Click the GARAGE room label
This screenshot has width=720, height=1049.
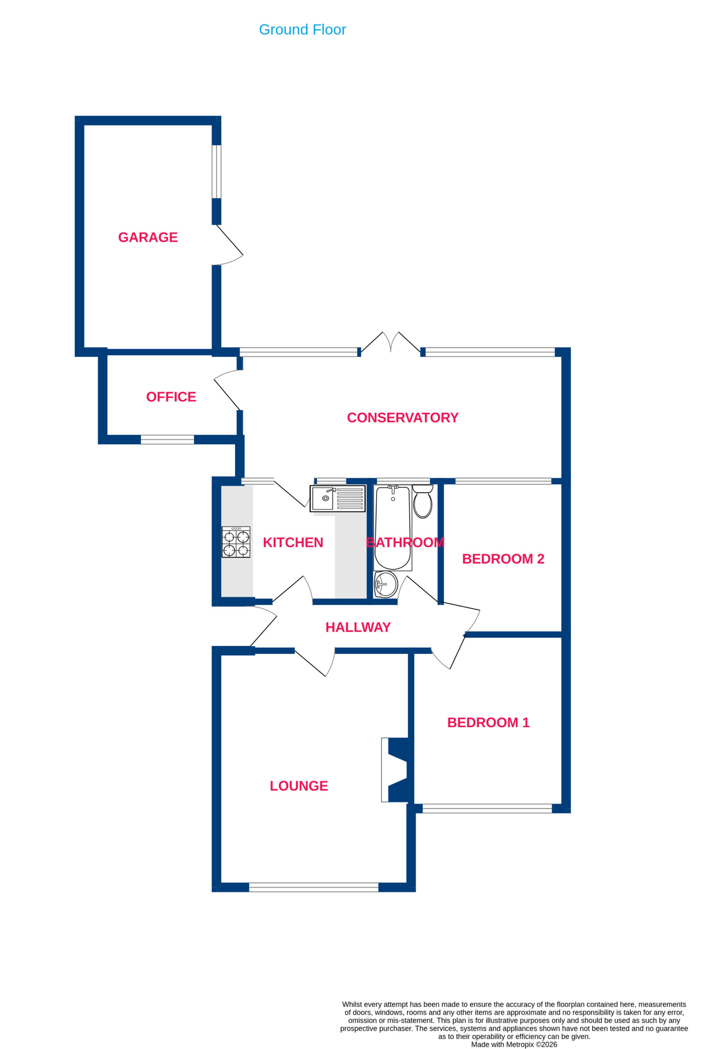tap(148, 237)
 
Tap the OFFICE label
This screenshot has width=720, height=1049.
tap(171, 397)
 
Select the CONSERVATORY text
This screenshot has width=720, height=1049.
tap(403, 418)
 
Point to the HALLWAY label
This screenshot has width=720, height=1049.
tap(358, 627)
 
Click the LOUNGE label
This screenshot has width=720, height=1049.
tap(299, 786)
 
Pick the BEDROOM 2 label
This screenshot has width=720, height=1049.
tap(503, 559)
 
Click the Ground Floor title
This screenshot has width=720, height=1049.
tap(302, 30)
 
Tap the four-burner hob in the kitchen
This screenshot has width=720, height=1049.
tap(236, 542)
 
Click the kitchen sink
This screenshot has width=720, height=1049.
tap(338, 498)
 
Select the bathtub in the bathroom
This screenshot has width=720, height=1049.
tap(393, 528)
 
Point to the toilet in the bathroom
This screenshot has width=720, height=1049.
tap(423, 501)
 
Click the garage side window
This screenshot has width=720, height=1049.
tap(217, 172)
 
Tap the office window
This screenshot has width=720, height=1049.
tap(168, 440)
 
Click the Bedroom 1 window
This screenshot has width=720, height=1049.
tap(487, 808)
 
